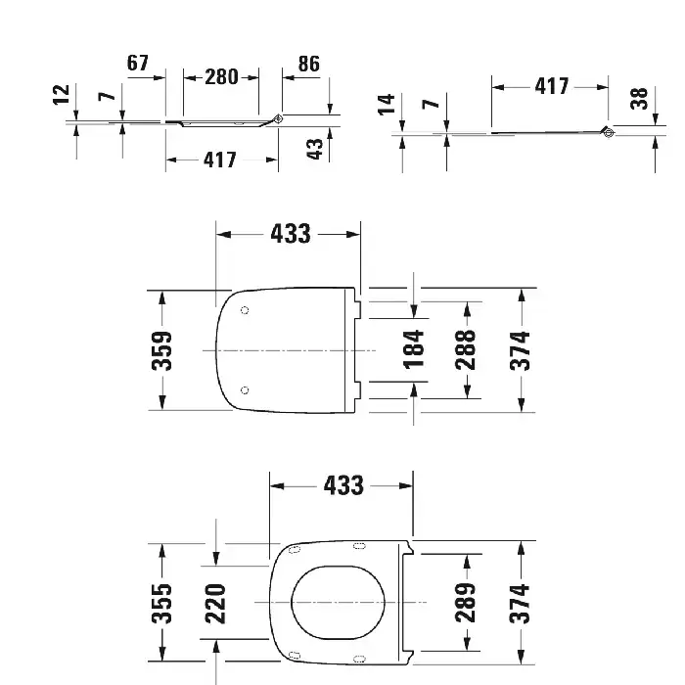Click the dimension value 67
point(138,63)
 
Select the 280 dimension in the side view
point(221,77)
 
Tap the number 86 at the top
point(309,64)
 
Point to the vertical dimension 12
point(61,95)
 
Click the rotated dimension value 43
point(314,149)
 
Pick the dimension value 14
point(387,104)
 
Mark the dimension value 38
point(639,98)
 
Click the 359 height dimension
point(161,350)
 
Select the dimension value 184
point(413,350)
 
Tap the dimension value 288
point(465,350)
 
